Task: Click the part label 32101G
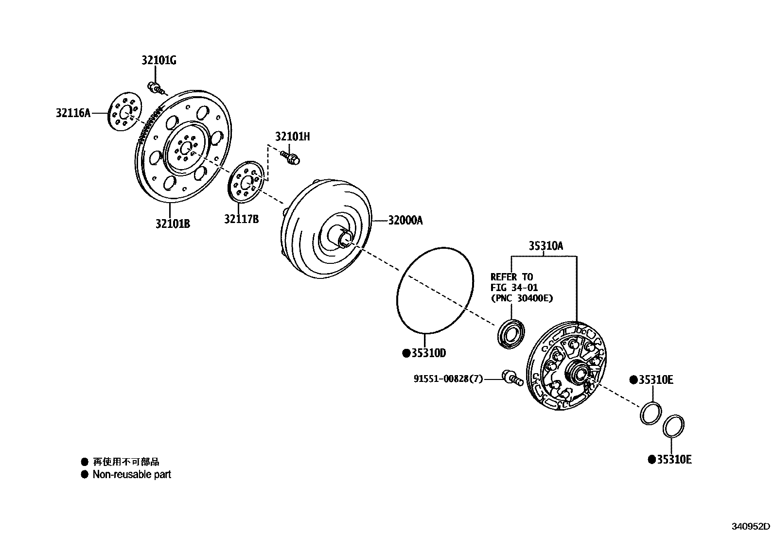pos(158,60)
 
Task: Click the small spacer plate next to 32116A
pos(123,114)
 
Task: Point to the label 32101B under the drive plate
pos(173,224)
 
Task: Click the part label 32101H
pos(292,137)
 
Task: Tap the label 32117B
pos(241,219)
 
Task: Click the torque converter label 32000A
pos(405,221)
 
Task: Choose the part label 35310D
pos(428,353)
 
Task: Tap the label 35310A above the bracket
pos(545,246)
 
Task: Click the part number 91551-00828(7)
pos(448,379)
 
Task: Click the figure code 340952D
pos(752,526)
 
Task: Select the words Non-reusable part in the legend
pos(132,474)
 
